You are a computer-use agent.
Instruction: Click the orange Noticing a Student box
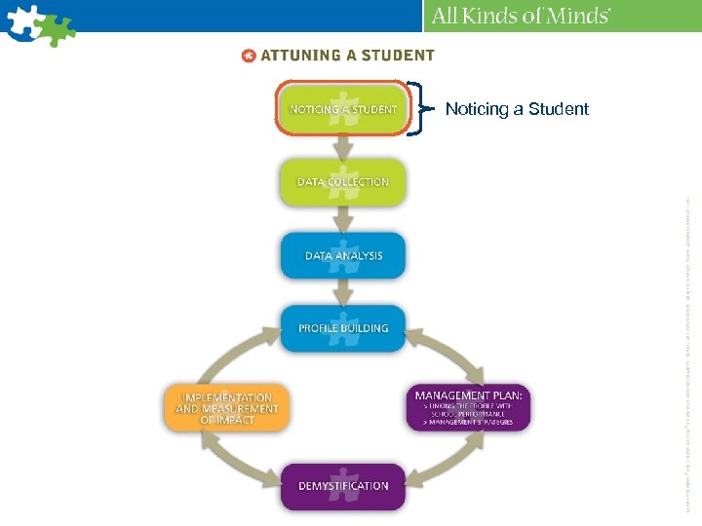coord(342,109)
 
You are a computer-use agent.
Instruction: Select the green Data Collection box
coord(342,181)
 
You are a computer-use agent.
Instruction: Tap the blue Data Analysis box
coord(342,255)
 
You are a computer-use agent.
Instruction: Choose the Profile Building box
coord(342,328)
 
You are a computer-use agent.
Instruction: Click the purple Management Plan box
coord(468,407)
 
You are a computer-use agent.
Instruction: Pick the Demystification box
coord(342,486)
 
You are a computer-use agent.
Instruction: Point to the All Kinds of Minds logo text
coord(522,16)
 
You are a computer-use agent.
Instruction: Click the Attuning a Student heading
coord(347,56)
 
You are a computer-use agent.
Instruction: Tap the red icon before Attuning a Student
coord(249,56)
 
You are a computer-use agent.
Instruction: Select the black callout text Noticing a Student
coord(517,109)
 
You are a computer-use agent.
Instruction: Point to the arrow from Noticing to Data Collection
coord(342,146)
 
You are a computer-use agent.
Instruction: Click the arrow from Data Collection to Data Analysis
coord(342,219)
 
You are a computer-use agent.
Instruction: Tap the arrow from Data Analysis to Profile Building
coord(342,292)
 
